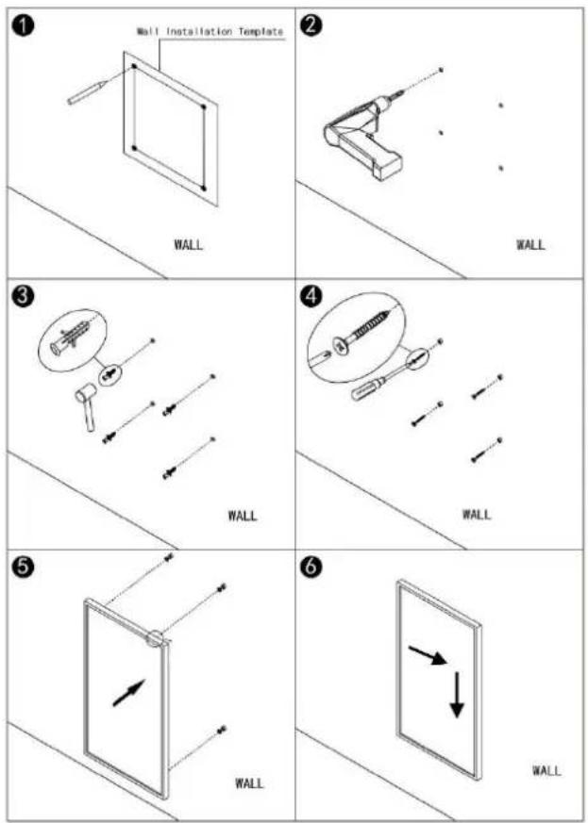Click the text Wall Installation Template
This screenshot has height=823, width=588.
tap(210, 31)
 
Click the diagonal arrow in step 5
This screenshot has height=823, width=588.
tap(128, 692)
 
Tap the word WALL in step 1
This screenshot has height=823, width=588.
tap(188, 244)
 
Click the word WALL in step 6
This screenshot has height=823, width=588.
tap(546, 770)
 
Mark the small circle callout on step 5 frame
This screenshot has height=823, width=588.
tap(155, 636)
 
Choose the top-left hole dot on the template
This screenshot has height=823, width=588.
tap(134, 66)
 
